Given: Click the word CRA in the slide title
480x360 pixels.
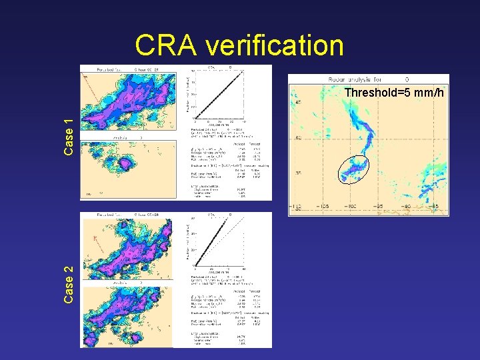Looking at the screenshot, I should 167,46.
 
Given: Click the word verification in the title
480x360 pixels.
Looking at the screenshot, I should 274,46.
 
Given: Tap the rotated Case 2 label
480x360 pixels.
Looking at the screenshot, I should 68,285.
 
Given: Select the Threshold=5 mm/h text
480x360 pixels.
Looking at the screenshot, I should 393,93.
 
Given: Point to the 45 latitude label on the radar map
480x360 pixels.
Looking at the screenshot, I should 299,102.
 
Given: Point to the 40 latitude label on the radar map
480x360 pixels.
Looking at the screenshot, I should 299,137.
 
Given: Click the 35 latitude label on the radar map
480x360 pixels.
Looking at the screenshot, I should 299,173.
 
